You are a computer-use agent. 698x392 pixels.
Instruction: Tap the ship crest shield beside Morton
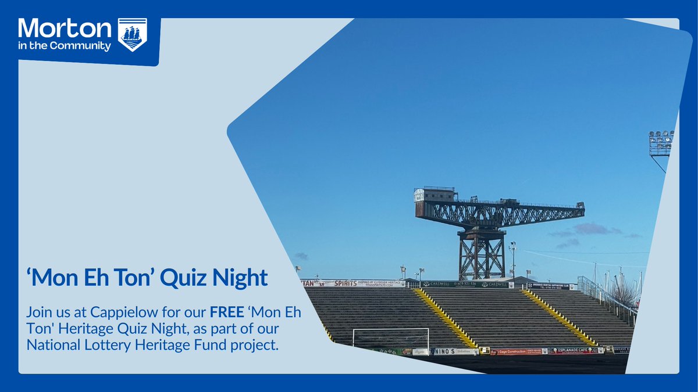click(133, 34)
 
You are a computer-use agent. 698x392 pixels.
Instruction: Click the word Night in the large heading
click(238, 278)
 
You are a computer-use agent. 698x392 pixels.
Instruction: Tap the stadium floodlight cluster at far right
click(661, 142)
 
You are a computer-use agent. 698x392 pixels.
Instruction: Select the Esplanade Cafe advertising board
click(579, 350)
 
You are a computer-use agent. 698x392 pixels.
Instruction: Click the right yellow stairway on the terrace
click(558, 317)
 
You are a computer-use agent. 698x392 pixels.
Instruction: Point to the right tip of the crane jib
click(581, 206)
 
